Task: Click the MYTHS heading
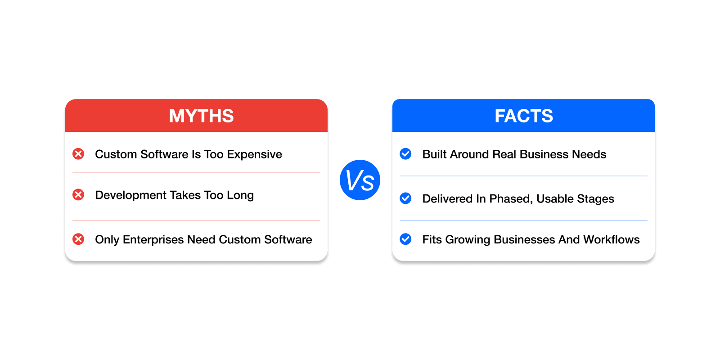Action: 201,116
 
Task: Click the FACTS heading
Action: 524,116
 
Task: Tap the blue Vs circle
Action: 360,180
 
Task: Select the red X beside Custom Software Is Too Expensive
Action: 78,154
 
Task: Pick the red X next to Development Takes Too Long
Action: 78,194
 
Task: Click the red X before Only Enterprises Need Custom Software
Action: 78,239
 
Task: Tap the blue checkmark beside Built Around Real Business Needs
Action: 405,154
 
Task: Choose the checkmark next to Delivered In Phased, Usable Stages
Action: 405,198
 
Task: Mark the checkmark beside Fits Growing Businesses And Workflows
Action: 405,239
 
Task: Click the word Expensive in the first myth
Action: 254,154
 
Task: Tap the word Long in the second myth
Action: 240,196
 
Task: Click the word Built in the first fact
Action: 434,154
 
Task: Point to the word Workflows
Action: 612,239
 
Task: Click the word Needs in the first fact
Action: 589,154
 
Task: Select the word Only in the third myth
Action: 107,240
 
